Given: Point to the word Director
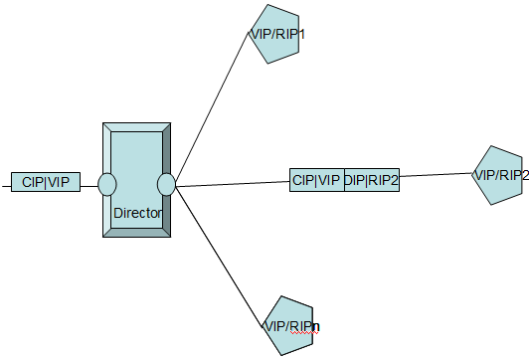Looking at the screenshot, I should point(138,213).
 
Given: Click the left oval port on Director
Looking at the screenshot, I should point(107,184).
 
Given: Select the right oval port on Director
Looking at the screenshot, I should point(166,184).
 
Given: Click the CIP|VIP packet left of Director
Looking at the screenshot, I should point(46,182).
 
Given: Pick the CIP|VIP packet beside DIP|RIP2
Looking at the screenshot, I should point(316,180).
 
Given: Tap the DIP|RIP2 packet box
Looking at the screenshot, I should point(371,180).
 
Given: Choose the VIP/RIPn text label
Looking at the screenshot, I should point(291,325).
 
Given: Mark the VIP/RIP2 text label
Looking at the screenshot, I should point(500,175).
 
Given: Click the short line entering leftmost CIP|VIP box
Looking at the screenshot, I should point(5,183).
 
